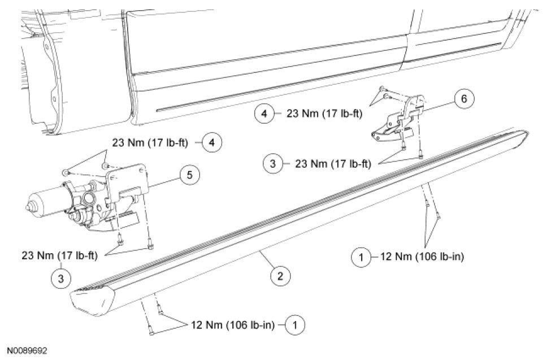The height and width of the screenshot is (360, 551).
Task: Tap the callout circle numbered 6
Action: coord(463,99)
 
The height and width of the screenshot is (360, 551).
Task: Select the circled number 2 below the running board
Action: coord(280,276)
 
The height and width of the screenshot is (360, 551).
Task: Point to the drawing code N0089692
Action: coord(27,351)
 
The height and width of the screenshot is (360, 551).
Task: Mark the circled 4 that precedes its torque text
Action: coord(264,114)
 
